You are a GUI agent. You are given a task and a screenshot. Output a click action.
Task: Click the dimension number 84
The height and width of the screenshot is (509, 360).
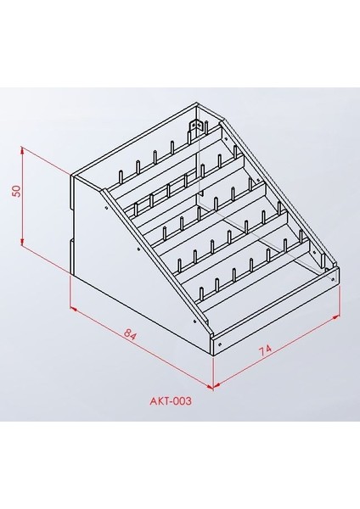pyautogui.click(x=131, y=335)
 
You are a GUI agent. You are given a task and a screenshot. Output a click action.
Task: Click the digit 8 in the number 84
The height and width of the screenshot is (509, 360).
pyautogui.click(x=127, y=338)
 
